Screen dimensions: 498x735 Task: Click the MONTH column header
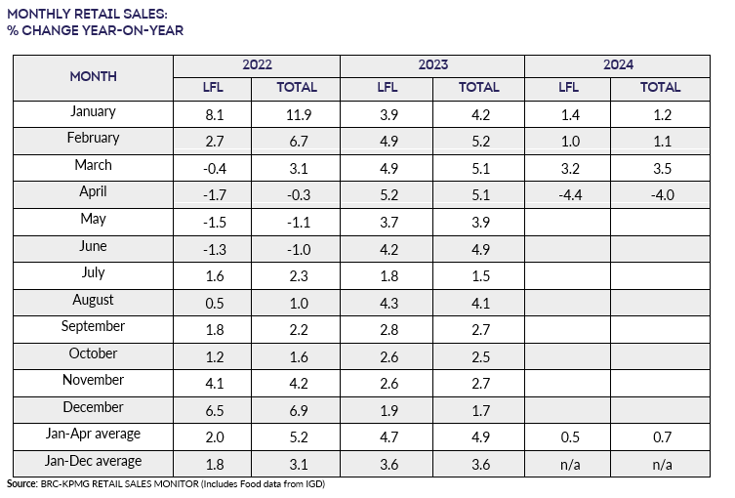pos(94,76)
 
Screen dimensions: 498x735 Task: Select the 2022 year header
pos(257,65)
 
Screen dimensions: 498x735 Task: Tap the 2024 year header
pos(617,65)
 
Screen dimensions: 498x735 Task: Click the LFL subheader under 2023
pos(388,88)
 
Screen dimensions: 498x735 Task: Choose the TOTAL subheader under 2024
pos(661,88)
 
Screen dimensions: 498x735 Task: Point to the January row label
pos(94,112)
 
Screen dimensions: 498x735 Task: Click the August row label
pos(94,300)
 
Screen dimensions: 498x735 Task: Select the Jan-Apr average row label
pos(94,434)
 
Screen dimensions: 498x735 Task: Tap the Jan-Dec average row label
pos(94,461)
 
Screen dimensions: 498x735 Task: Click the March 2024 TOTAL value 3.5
pos(661,167)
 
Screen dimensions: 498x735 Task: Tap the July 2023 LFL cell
pos(388,274)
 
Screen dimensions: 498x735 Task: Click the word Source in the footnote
pos(22,484)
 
